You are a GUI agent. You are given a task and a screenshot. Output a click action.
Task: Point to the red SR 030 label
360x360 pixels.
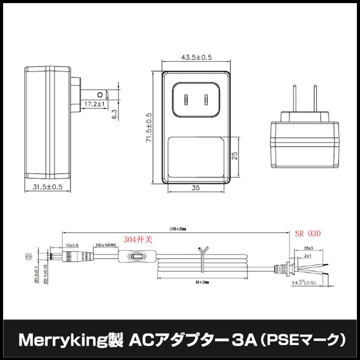(308, 234)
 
